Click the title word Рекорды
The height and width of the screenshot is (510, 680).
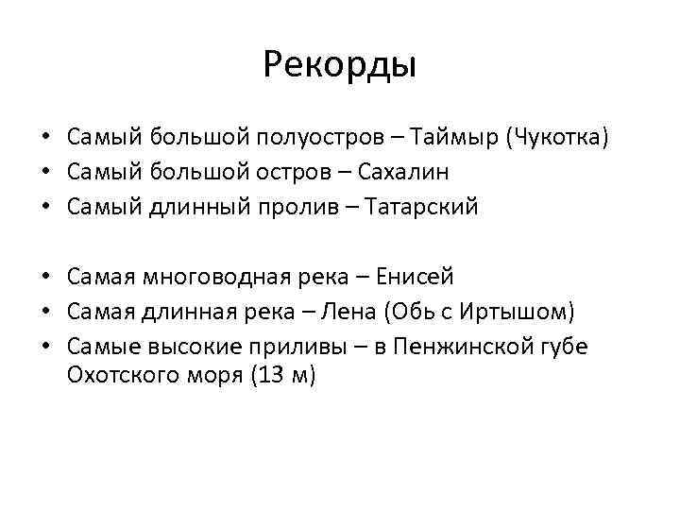click(340, 66)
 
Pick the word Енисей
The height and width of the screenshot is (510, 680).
click(416, 277)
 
